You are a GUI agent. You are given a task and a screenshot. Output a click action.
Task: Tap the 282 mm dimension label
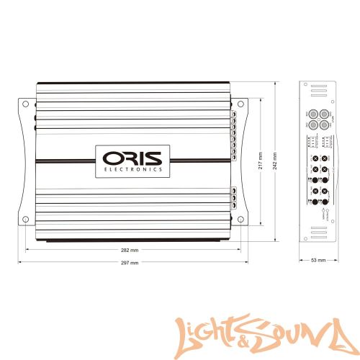(x=130, y=251)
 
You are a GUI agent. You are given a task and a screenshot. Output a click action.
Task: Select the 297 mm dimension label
(x=130, y=263)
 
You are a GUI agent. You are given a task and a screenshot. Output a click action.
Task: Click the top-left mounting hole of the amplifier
(x=25, y=105)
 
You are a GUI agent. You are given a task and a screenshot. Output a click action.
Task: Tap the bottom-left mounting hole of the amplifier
(x=25, y=219)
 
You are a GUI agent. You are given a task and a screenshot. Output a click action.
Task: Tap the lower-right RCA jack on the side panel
(x=325, y=125)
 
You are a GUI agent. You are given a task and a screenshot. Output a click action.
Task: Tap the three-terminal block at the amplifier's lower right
(x=234, y=195)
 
